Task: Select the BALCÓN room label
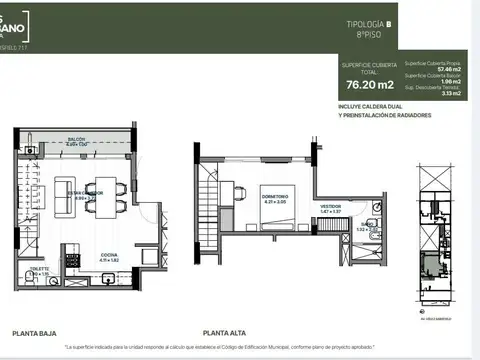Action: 76,139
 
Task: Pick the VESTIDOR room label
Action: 330,207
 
